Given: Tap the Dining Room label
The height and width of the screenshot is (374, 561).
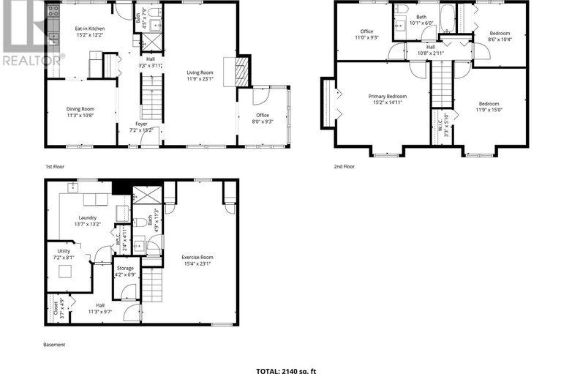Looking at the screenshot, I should click(x=80, y=109).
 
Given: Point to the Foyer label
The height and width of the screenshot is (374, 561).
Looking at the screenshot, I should click(x=141, y=124).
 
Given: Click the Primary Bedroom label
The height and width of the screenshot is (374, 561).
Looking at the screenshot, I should click(x=387, y=96).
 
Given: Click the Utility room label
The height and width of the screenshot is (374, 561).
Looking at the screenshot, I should click(x=64, y=251).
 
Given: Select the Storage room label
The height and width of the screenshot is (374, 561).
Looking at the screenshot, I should click(x=125, y=268).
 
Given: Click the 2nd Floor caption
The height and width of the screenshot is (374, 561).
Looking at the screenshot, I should click(x=344, y=167).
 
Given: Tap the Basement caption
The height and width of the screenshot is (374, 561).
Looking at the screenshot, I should click(x=53, y=345).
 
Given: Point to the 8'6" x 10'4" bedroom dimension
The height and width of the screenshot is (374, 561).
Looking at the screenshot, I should click(x=500, y=40).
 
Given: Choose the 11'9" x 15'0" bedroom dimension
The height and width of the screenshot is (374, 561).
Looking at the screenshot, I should click(x=489, y=110).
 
